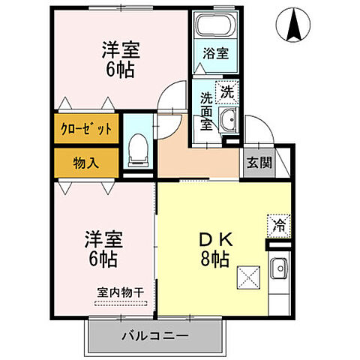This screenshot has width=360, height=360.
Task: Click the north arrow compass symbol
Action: tap(292, 25)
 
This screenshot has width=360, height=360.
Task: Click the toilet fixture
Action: tap(137, 151)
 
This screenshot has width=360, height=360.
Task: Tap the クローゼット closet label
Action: tap(85, 128)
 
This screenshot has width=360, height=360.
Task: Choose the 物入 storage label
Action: tap(85, 162)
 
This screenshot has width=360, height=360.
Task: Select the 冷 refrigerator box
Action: tap(277, 224)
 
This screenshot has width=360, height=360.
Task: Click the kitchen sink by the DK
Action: tap(278, 266)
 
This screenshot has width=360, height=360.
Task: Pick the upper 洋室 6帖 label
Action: tap(120, 60)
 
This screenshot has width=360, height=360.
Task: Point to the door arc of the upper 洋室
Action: tap(174, 98)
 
